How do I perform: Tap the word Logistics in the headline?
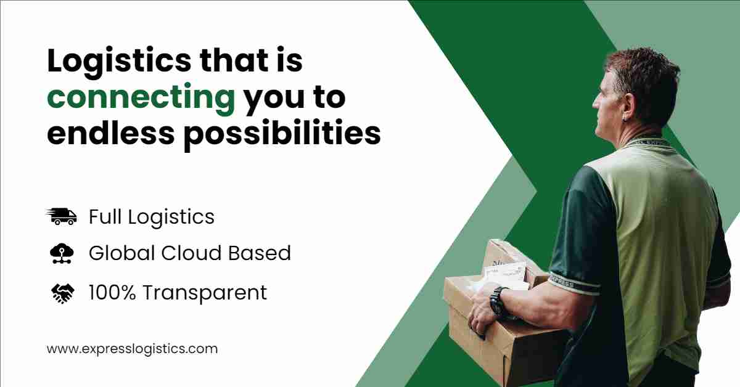(x=119, y=62)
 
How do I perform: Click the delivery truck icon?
(x=62, y=217)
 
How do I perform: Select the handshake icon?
(x=63, y=293)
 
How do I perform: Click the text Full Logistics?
(x=152, y=218)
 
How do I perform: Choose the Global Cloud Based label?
(x=190, y=253)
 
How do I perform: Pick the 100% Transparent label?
(x=178, y=293)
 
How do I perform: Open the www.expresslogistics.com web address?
(x=132, y=349)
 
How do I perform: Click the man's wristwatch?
(x=498, y=302)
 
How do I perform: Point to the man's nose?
(x=596, y=104)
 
